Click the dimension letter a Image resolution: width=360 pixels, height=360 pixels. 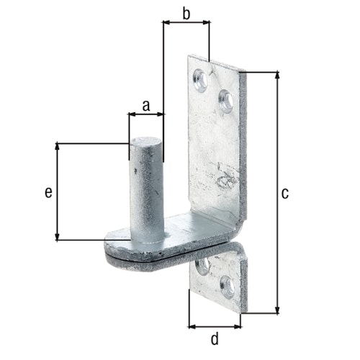click(145, 105)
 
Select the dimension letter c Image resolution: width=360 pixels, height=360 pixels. click(285, 192)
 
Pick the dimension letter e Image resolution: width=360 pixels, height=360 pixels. click(48, 192)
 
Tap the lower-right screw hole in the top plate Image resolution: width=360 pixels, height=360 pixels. click(225, 100)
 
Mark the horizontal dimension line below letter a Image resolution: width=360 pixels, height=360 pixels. click(146, 114)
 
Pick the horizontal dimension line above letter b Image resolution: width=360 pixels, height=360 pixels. click(186, 23)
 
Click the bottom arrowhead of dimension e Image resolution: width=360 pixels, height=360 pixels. click(56, 237)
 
